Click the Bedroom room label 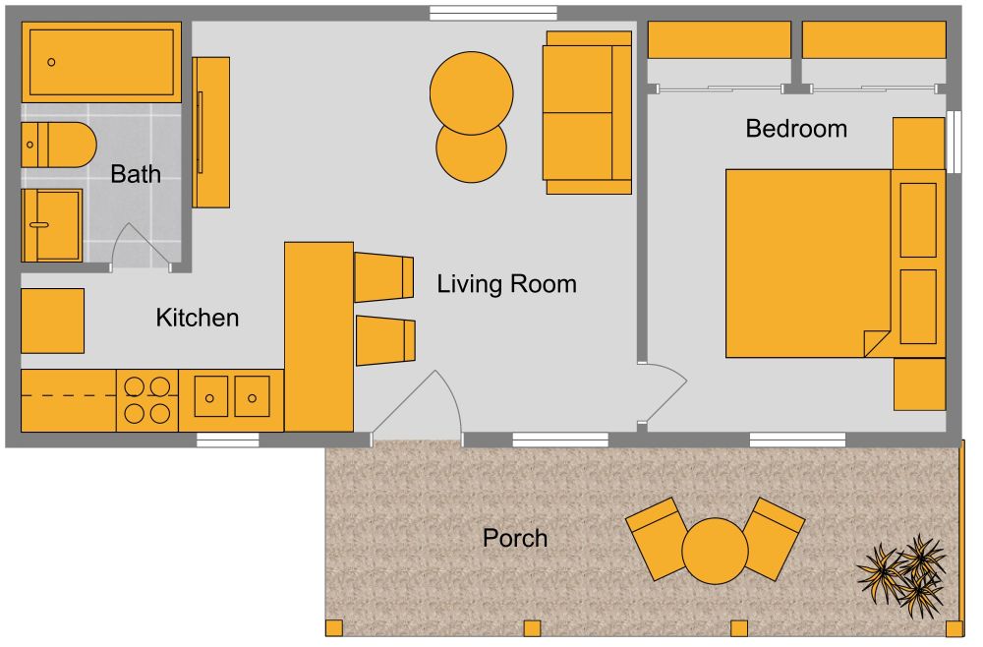796,129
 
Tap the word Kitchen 198,318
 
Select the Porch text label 514,538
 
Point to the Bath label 136,174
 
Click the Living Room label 506,284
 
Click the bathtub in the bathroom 101,61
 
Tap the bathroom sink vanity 52,225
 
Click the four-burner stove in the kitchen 147,400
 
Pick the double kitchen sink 231,398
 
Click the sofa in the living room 588,112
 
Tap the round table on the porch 716,551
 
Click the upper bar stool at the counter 383,276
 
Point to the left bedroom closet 719,40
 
